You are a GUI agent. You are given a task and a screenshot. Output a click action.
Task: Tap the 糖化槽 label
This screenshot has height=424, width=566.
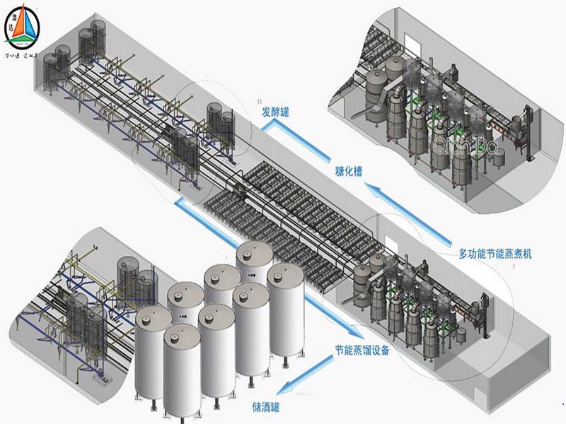point(349,171)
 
